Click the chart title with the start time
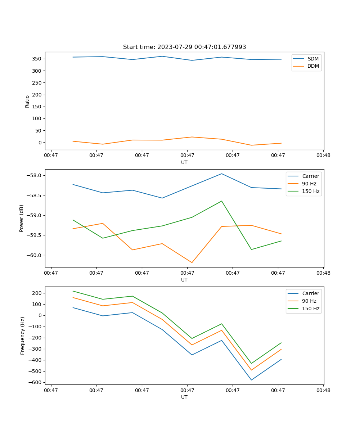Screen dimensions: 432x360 (184, 47)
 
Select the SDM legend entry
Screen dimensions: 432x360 (313, 59)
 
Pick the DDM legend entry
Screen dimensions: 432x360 (313, 66)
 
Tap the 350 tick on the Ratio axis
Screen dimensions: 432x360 (37, 59)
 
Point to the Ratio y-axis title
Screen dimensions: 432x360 (27, 101)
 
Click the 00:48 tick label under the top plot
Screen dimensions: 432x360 (323, 156)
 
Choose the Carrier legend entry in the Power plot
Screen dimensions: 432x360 (310, 176)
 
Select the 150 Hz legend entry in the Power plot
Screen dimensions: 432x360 (310, 191)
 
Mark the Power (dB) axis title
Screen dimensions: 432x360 (22, 218)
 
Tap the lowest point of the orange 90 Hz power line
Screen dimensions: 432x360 (192, 262)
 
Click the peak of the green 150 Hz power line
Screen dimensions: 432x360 (221, 201)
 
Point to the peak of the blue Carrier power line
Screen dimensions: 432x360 (221, 174)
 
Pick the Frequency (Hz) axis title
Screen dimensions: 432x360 (23, 336)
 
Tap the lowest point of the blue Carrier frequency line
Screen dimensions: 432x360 (251, 380)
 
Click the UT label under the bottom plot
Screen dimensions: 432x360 (184, 397)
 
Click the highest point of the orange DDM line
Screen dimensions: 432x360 (192, 137)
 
